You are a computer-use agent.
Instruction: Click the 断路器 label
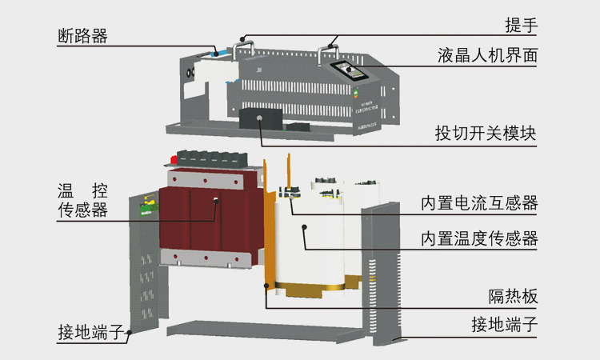82,36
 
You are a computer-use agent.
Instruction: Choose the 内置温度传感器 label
479,238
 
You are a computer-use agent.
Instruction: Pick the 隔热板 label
513,296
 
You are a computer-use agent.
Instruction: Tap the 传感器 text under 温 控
82,210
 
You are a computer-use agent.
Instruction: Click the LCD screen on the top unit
349,70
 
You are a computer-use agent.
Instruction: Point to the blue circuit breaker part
218,53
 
